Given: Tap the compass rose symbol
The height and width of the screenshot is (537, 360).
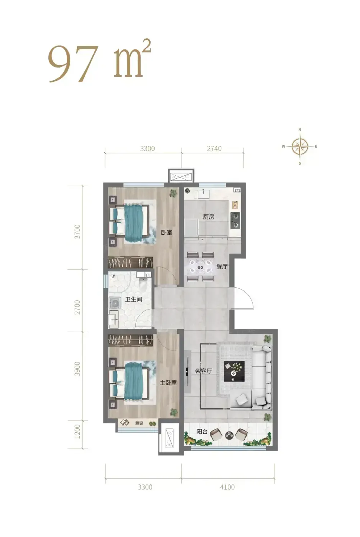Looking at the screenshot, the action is pos(300,146).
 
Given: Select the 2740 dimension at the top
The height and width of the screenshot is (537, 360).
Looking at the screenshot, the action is pos(214,149).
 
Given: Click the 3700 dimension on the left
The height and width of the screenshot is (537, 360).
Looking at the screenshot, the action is pos(77,232).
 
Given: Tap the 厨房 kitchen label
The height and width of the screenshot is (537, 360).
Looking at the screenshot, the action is pos(209,217).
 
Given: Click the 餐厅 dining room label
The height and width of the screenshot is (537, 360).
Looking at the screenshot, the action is pos(222,266).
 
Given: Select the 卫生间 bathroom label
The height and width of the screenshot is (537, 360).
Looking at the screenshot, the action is pos(134,299).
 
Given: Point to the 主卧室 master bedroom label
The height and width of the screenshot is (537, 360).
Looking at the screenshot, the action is pos(168,383).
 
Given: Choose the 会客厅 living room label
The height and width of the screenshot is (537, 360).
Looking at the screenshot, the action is pos(204,371).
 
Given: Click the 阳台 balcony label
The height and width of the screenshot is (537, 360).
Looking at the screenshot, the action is pos(202,432).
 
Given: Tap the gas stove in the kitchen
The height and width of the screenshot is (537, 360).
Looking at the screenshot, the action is pos(235,220).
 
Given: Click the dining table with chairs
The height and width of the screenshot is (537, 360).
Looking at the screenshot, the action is pos(201,266).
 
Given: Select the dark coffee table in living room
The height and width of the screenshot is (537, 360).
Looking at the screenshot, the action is pos(234,371).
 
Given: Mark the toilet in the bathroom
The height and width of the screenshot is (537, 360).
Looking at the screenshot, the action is pos(143,285).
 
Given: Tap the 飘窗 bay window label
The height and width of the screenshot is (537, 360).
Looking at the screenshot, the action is pos(139,423).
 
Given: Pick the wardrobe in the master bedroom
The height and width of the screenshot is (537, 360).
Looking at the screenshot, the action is pos(131,340).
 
